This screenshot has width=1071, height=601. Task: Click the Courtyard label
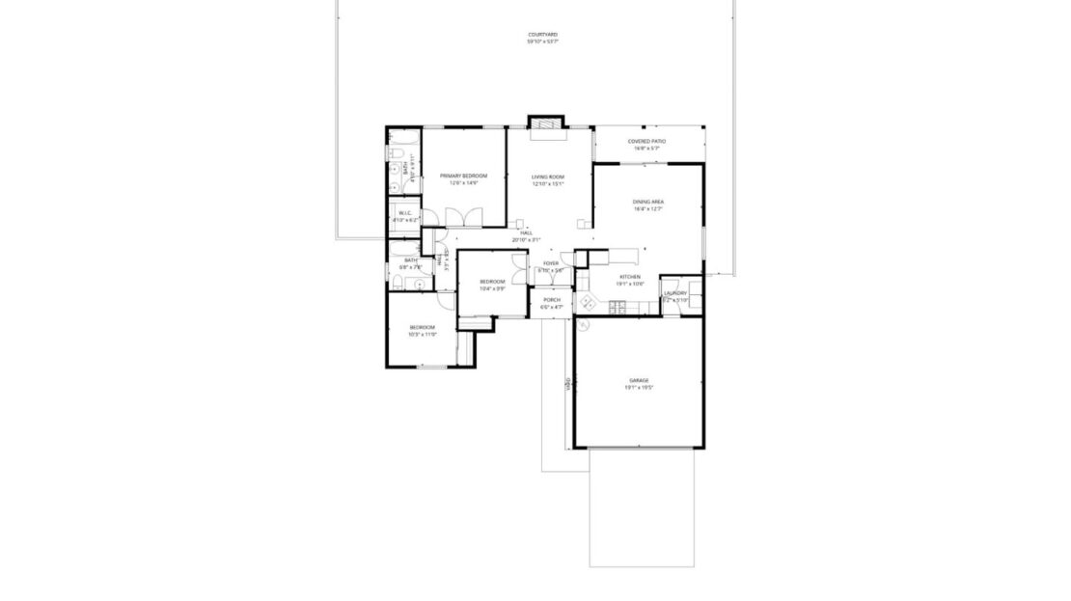coord(542,35)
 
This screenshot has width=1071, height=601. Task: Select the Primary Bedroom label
coord(463,176)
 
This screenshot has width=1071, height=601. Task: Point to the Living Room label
coord(548,177)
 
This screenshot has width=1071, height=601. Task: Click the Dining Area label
coord(647,202)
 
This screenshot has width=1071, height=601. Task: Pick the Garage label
coord(639,380)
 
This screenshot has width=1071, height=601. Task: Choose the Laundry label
coord(674,293)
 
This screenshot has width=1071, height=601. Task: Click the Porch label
coord(552,300)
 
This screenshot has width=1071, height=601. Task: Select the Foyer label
coord(551,262)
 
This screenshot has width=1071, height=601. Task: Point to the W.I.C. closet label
coord(405,213)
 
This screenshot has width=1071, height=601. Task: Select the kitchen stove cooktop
coord(618,307)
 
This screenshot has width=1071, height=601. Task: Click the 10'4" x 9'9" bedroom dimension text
coord(492,288)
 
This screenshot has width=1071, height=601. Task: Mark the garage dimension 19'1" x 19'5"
coord(639,388)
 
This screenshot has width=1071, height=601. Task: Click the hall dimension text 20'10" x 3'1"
coord(527,239)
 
